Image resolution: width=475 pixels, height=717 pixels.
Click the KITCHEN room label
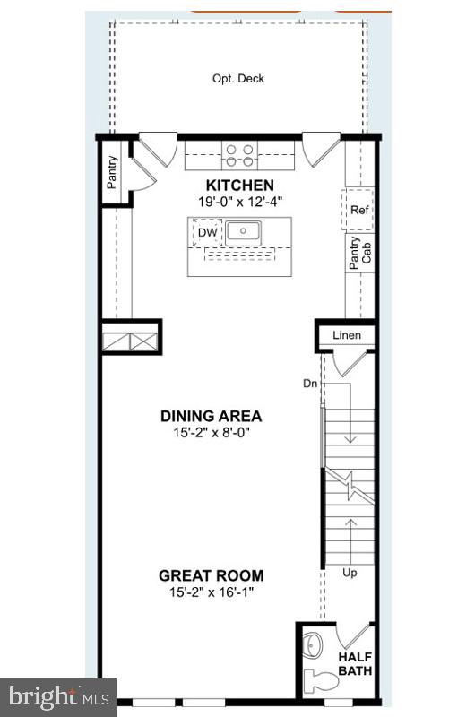pos(238,185)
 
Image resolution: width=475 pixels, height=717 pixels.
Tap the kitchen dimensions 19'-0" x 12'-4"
pos(238,201)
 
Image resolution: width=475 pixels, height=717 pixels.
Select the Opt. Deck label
pos(238,78)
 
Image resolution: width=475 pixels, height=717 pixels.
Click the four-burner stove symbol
pos(238,155)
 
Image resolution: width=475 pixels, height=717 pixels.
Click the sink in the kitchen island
pos(244,232)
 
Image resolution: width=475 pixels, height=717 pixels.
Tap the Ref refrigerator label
pos(359,211)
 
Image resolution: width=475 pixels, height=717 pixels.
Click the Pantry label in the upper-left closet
pos(112,173)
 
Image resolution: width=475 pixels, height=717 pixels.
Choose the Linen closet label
pos(346,335)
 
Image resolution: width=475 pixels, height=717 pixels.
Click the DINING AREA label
pos(211,416)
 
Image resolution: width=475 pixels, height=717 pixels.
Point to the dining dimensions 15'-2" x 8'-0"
pos(211,432)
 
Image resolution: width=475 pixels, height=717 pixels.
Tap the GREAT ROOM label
pos(211,575)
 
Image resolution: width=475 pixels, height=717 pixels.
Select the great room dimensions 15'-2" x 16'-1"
pos(211,592)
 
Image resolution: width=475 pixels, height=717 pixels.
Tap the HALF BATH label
pos(355,663)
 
